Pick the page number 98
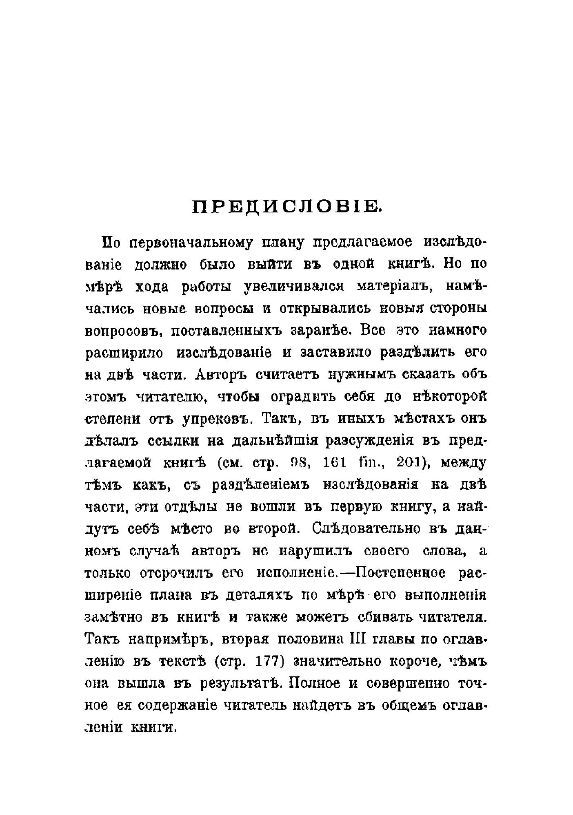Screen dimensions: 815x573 pos(301,463)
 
